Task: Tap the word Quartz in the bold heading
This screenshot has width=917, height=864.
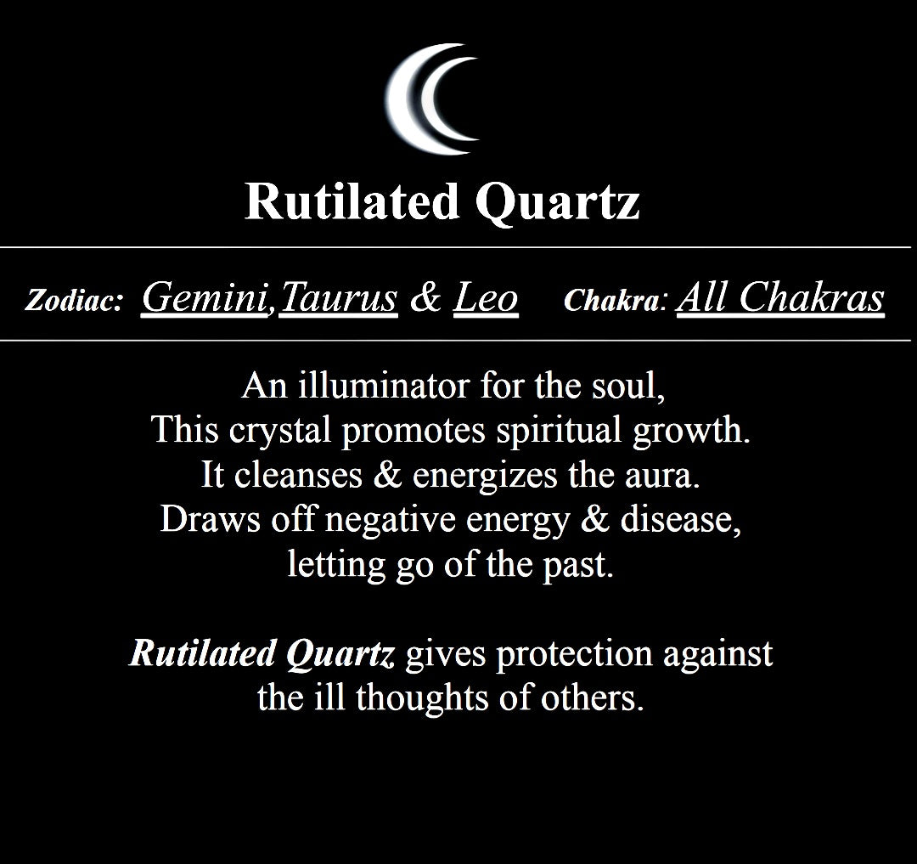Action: [557, 202]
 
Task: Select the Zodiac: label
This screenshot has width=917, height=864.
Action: [74, 300]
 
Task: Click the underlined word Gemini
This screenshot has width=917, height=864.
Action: [205, 297]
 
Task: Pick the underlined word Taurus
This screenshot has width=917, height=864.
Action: [339, 297]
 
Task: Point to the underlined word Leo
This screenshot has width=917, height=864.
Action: [486, 297]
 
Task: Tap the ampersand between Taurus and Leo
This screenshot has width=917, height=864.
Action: [425, 297]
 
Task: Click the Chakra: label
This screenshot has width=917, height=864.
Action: [616, 300]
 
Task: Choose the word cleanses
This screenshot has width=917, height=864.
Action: [298, 474]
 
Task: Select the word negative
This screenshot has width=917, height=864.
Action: [390, 520]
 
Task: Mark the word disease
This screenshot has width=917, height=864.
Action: [681, 519]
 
